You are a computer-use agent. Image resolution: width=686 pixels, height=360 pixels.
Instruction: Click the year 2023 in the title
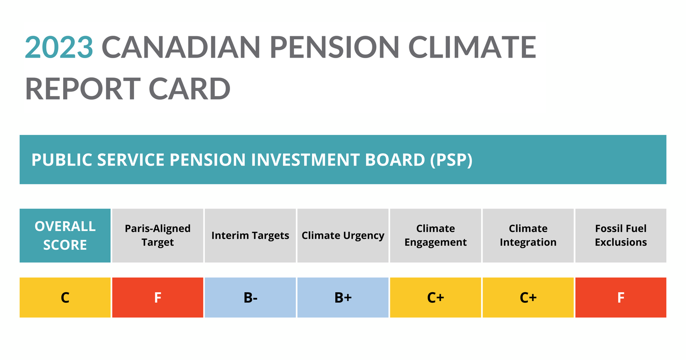point(59,47)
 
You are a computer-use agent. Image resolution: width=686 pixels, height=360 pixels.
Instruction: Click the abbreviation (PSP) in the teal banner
point(451,160)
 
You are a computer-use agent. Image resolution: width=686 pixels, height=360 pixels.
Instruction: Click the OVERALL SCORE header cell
point(65,236)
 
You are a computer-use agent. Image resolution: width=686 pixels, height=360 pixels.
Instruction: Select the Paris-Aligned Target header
point(158,236)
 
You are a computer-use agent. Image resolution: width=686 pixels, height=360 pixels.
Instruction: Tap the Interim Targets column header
point(250,236)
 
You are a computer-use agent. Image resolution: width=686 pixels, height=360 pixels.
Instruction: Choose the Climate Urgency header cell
point(343,236)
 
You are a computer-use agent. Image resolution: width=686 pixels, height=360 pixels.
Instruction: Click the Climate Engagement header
point(435,236)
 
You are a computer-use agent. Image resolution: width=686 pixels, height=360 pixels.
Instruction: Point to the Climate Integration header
point(528,236)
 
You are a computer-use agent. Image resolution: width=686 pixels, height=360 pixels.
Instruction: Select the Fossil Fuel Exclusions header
point(621,236)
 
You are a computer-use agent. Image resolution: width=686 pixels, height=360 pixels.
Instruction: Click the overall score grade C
point(65,297)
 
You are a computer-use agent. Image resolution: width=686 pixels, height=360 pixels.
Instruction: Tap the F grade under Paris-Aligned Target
point(158,297)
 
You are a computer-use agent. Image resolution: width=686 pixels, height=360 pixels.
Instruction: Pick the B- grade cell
point(250,297)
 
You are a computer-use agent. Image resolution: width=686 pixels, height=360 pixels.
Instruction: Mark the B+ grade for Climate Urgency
point(343,297)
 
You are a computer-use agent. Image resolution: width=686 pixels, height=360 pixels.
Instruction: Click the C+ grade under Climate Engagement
point(435,297)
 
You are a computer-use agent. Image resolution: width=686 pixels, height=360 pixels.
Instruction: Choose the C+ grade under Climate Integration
point(528,297)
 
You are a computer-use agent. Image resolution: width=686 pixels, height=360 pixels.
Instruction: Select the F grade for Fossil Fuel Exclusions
point(621,297)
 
